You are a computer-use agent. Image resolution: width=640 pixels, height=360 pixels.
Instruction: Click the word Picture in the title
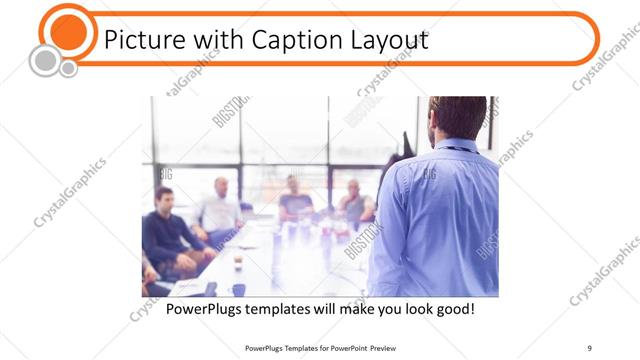(142, 41)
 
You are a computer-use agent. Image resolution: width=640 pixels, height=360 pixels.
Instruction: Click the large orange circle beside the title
(69, 30)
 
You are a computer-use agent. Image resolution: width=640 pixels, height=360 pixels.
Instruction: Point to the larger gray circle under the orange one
(44, 61)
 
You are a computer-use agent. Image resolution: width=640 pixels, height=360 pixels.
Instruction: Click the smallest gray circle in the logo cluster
(68, 69)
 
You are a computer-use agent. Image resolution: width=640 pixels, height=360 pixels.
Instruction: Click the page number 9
(590, 347)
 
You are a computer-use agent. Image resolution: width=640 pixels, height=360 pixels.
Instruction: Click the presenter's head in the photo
(457, 118)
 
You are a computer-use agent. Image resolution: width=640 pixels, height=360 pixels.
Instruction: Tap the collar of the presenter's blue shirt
(455, 145)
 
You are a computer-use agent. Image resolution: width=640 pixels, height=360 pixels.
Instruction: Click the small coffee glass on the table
(238, 262)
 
